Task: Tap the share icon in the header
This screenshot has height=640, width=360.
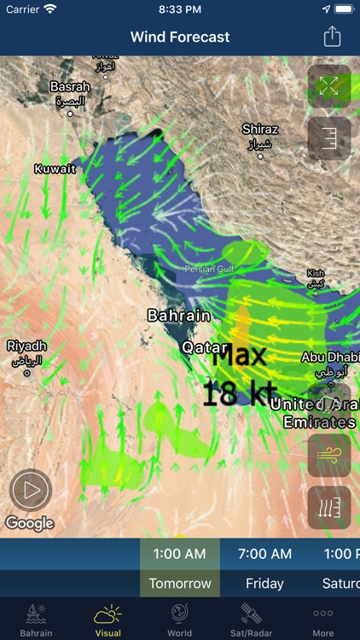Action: point(332,37)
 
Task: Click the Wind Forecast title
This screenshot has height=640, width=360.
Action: point(180,38)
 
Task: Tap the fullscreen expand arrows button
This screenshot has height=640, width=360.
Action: point(329,86)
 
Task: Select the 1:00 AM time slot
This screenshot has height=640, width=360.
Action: point(180,554)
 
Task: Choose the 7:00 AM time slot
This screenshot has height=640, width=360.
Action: point(264,554)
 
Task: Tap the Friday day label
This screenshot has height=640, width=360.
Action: point(264,584)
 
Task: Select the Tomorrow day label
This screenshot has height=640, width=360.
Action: point(180,584)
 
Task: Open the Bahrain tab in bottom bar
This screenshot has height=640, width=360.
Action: point(36,620)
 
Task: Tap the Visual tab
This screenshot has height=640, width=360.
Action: point(107,620)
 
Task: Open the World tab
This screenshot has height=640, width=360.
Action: point(179,620)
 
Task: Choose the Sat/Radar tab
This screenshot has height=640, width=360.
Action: point(251,620)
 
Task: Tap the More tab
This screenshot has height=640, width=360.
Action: point(323,620)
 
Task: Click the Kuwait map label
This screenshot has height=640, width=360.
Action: point(55,169)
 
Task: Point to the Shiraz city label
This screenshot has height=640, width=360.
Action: point(259,130)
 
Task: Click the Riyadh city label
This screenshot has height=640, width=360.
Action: point(26,346)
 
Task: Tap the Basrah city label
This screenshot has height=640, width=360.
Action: point(70,87)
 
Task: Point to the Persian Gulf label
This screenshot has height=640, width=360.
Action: point(209,269)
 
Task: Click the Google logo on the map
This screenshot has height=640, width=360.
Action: point(29,523)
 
